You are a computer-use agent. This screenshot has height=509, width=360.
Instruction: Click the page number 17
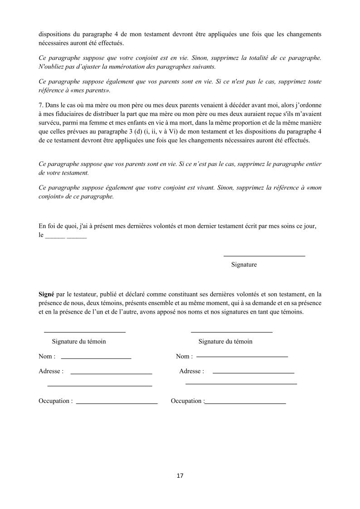point(180,475)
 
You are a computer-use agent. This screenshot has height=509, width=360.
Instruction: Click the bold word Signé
point(46,294)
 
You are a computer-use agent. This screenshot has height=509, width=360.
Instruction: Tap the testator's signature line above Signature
point(264,256)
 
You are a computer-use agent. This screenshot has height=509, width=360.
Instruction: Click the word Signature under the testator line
point(244,265)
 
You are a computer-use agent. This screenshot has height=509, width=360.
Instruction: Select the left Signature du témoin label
point(79,341)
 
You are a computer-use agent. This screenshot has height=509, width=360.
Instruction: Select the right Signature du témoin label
point(225,341)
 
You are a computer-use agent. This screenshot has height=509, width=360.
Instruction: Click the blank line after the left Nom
point(96,359)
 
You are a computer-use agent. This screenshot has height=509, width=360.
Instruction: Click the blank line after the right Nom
point(242,357)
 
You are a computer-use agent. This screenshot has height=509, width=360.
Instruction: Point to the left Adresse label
point(51,371)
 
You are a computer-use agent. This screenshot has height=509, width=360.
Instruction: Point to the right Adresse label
point(191,371)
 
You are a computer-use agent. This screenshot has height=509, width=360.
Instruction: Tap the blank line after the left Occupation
point(117,403)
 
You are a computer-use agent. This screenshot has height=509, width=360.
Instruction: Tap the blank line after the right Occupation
point(246,403)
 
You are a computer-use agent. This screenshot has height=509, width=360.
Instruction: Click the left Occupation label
point(55,401)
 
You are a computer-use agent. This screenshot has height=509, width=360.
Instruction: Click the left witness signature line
point(84,332)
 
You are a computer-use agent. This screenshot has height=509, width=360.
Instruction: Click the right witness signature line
point(232,332)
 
